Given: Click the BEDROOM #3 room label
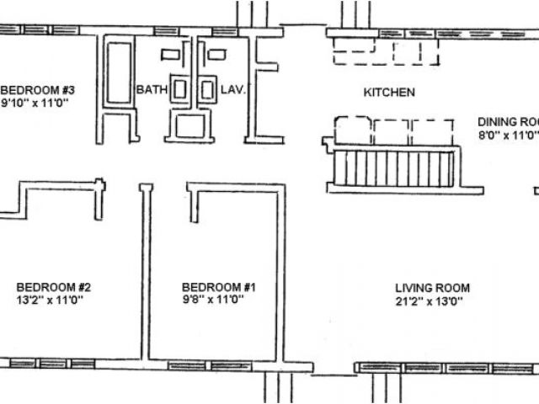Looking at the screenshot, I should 38,90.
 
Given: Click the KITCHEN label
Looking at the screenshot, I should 388,92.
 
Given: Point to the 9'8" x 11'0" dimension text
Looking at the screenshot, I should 213,300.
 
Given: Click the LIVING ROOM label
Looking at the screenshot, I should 432,287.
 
